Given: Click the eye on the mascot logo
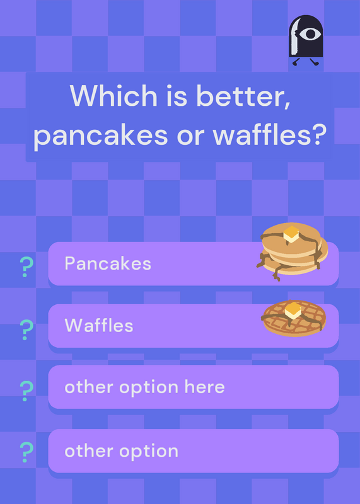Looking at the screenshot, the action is click(310, 34).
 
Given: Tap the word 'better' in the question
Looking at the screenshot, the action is click(243, 96).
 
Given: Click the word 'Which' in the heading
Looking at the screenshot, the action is click(113, 96).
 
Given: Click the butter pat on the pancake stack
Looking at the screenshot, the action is click(291, 234).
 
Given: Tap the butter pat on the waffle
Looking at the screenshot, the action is click(293, 310).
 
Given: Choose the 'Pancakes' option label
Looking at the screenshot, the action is click(108, 263).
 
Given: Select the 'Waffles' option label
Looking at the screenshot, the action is click(99, 325).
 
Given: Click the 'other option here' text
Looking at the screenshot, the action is click(144, 387).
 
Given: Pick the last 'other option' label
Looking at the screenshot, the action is click(121, 451).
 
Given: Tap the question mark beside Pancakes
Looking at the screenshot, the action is click(26, 266).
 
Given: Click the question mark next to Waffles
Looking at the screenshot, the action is click(26, 329).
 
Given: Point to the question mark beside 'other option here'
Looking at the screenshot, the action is click(26, 391).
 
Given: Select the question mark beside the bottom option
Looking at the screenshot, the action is click(26, 452).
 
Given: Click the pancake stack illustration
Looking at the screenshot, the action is click(292, 251).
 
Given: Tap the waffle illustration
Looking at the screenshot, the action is click(294, 318).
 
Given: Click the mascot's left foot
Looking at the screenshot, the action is click(295, 62).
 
